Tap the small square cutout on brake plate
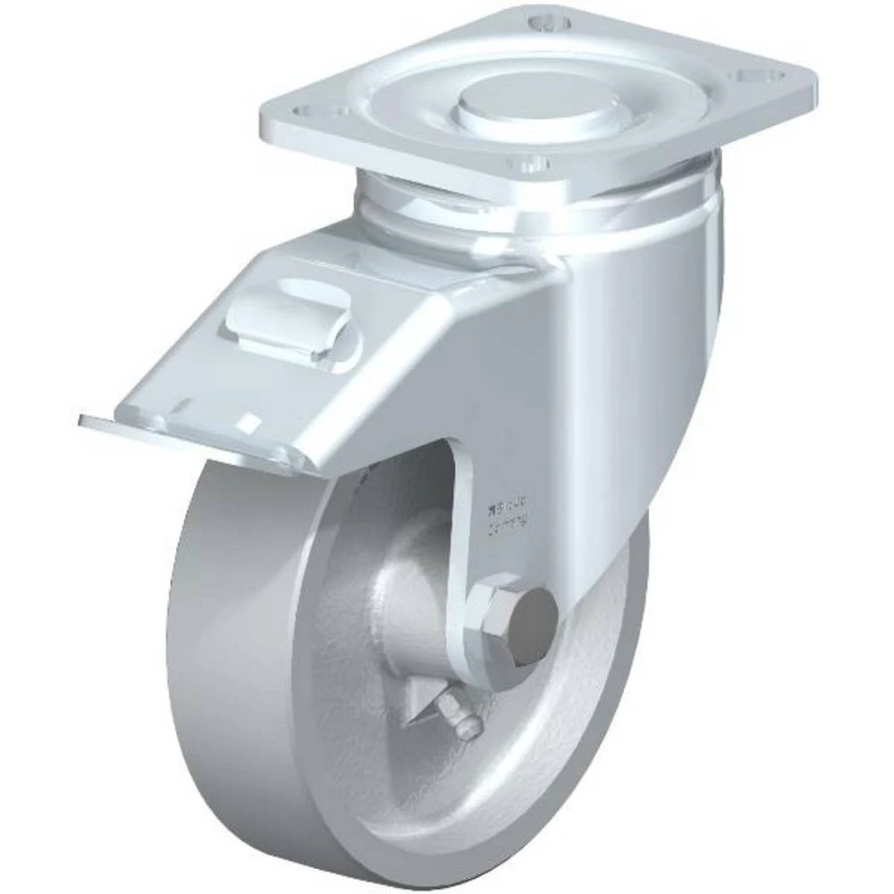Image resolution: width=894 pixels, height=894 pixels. (x=254, y=421)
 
